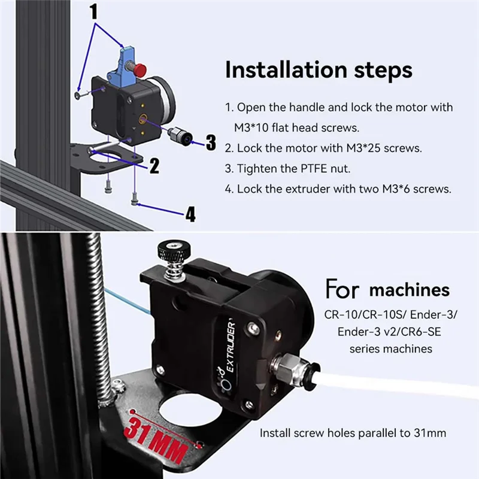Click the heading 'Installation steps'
click(x=319, y=69)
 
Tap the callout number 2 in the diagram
click(x=154, y=165)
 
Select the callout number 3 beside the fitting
click(x=210, y=142)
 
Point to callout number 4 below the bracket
click(x=190, y=214)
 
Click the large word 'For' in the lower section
click(x=342, y=289)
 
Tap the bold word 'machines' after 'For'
click(x=410, y=290)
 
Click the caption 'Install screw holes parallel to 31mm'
click(x=353, y=432)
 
